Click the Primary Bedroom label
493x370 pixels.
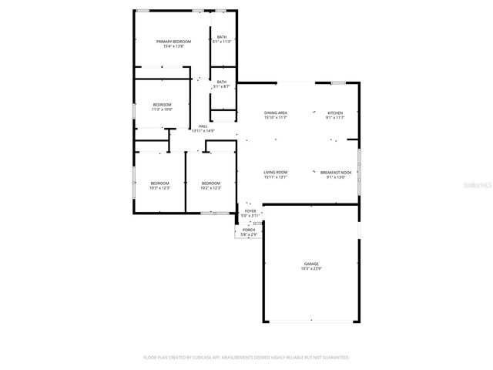tap(173, 41)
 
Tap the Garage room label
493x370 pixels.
tap(311, 264)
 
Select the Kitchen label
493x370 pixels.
tap(335, 113)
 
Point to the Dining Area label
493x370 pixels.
tap(276, 113)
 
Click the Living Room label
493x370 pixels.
tap(275, 172)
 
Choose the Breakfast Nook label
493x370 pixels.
tap(336, 172)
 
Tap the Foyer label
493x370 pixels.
tap(250, 210)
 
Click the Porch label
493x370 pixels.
tap(249, 229)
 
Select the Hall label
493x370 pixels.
tap(203, 126)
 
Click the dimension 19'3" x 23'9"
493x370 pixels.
tap(311, 269)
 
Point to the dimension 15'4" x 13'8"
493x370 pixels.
tap(173, 46)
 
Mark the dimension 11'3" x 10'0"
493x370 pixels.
tap(162, 109)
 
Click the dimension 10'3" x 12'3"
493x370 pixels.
tap(160, 188)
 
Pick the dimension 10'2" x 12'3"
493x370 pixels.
tap(210, 188)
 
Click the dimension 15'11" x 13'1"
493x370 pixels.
tap(275, 177)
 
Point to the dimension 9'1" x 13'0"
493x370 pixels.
tap(336, 177)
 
